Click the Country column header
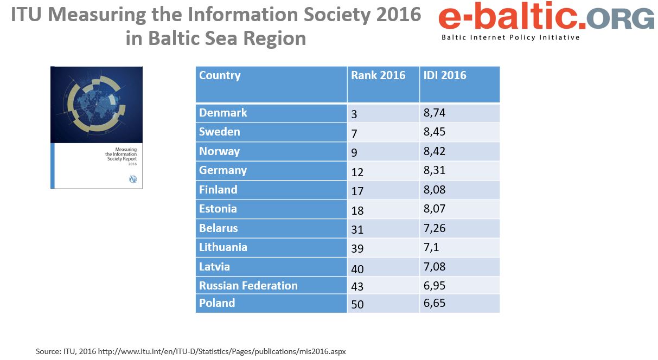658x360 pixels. [x=220, y=75]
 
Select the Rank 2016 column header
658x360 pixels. [x=378, y=75]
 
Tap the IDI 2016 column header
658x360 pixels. [x=445, y=75]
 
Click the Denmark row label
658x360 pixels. [x=223, y=113]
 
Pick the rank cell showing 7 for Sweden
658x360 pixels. [x=354, y=133]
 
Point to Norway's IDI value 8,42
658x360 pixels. [x=435, y=151]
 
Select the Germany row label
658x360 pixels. [x=223, y=170]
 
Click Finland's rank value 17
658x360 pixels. [x=357, y=191]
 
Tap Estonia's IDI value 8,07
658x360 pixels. [x=435, y=209]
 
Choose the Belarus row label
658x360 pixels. [x=219, y=228]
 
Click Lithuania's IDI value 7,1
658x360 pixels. [x=432, y=247]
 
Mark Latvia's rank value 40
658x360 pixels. [x=357, y=268]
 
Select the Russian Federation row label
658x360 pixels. [x=248, y=286]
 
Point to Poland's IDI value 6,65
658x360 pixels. [x=435, y=303]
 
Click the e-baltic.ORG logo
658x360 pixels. [x=546, y=18]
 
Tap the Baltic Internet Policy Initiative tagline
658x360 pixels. [x=510, y=37]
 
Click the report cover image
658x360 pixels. [x=97, y=127]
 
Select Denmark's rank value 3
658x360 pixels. [x=354, y=114]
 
